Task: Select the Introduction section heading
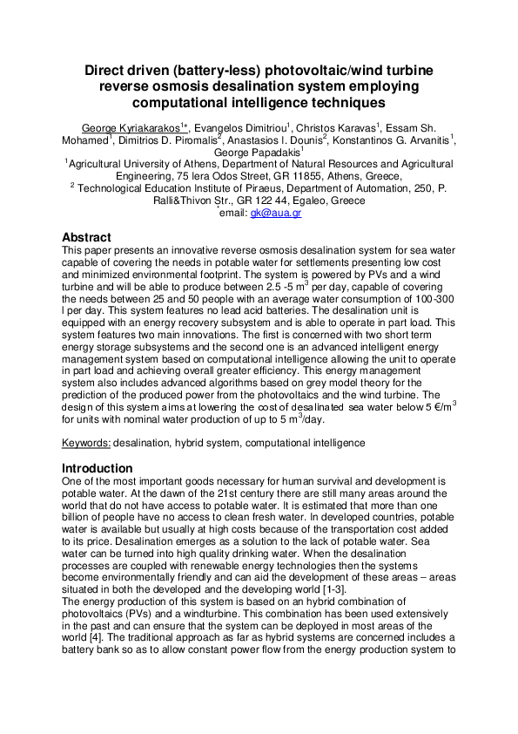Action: point(97,468)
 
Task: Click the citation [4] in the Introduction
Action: point(105,640)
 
